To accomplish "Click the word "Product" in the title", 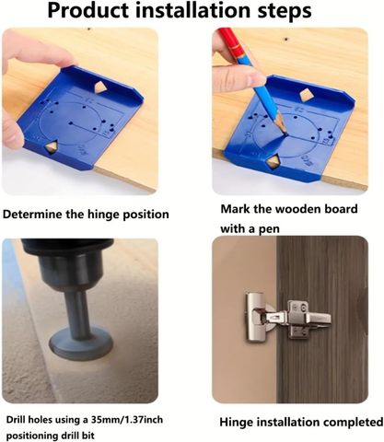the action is point(88,11).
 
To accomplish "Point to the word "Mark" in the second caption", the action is point(236,209).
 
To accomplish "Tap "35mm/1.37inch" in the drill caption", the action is point(127,419).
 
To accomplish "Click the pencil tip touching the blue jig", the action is point(285,133).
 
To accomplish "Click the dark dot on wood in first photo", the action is point(89,29).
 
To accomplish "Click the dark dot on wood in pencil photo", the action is point(286,40).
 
